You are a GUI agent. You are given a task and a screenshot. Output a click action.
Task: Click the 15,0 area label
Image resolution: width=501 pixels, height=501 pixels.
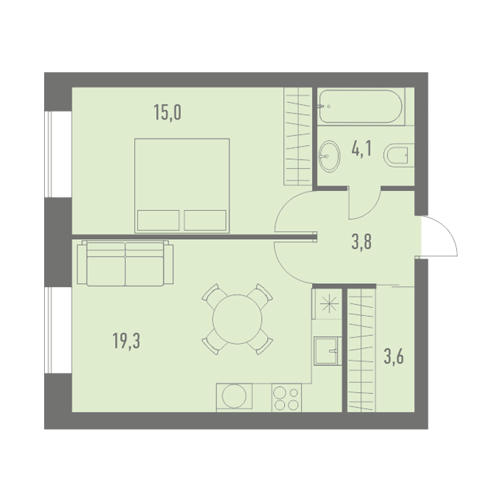pos(168,112)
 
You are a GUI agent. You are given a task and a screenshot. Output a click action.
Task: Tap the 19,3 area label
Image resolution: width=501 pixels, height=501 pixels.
pos(126,340)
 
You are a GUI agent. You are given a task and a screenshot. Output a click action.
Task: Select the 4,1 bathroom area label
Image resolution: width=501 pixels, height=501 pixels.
pos(361,148)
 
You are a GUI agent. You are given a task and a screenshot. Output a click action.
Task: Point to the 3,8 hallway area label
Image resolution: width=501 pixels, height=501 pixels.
pos(361,242)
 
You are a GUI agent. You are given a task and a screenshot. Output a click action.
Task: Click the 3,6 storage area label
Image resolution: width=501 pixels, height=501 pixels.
pos(393,357)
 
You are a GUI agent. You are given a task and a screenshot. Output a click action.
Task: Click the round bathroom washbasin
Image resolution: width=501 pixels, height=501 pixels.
pos(329,156)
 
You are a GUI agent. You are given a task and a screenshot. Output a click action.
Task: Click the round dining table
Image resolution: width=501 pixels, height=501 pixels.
pos(237,319)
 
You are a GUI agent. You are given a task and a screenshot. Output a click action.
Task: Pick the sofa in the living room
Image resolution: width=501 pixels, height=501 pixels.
pos(126,263)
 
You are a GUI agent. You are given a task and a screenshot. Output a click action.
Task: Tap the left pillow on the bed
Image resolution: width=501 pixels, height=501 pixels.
pos(158,220)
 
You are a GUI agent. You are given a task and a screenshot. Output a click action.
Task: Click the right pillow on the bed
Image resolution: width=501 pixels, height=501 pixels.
pos(205,220)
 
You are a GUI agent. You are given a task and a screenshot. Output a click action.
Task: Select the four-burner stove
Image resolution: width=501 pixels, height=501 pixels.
pos(287,398)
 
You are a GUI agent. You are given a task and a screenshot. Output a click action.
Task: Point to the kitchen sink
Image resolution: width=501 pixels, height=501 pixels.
pos(327,351)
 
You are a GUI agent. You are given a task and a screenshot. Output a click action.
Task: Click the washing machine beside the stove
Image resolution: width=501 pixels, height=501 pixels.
pos(234,397)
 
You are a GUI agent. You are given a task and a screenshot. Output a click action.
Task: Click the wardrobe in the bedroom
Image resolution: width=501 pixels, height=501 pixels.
pos(298,136)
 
